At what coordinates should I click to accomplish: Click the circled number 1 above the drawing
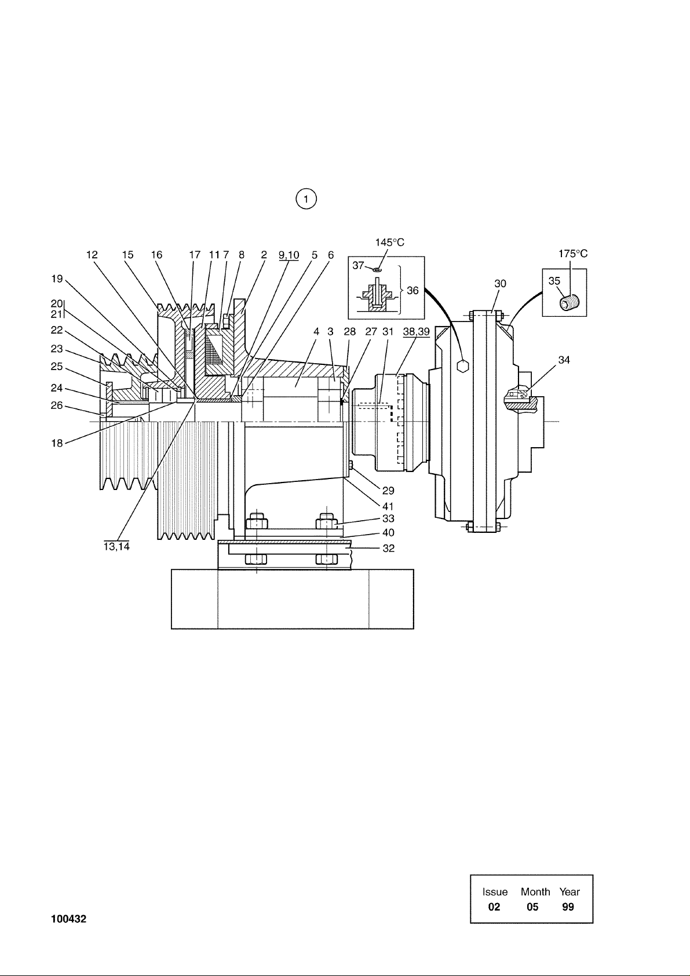coord(306,199)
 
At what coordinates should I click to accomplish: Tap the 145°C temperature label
coord(390,242)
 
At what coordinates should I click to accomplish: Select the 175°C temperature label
coord(573,254)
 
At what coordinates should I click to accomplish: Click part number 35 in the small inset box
coord(554,281)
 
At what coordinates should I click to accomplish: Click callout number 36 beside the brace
coord(412,290)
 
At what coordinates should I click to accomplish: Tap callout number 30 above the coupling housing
coord(500,284)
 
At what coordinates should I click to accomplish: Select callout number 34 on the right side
coord(564,360)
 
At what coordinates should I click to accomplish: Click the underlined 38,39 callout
coord(417,331)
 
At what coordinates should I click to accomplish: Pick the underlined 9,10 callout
coord(289,255)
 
